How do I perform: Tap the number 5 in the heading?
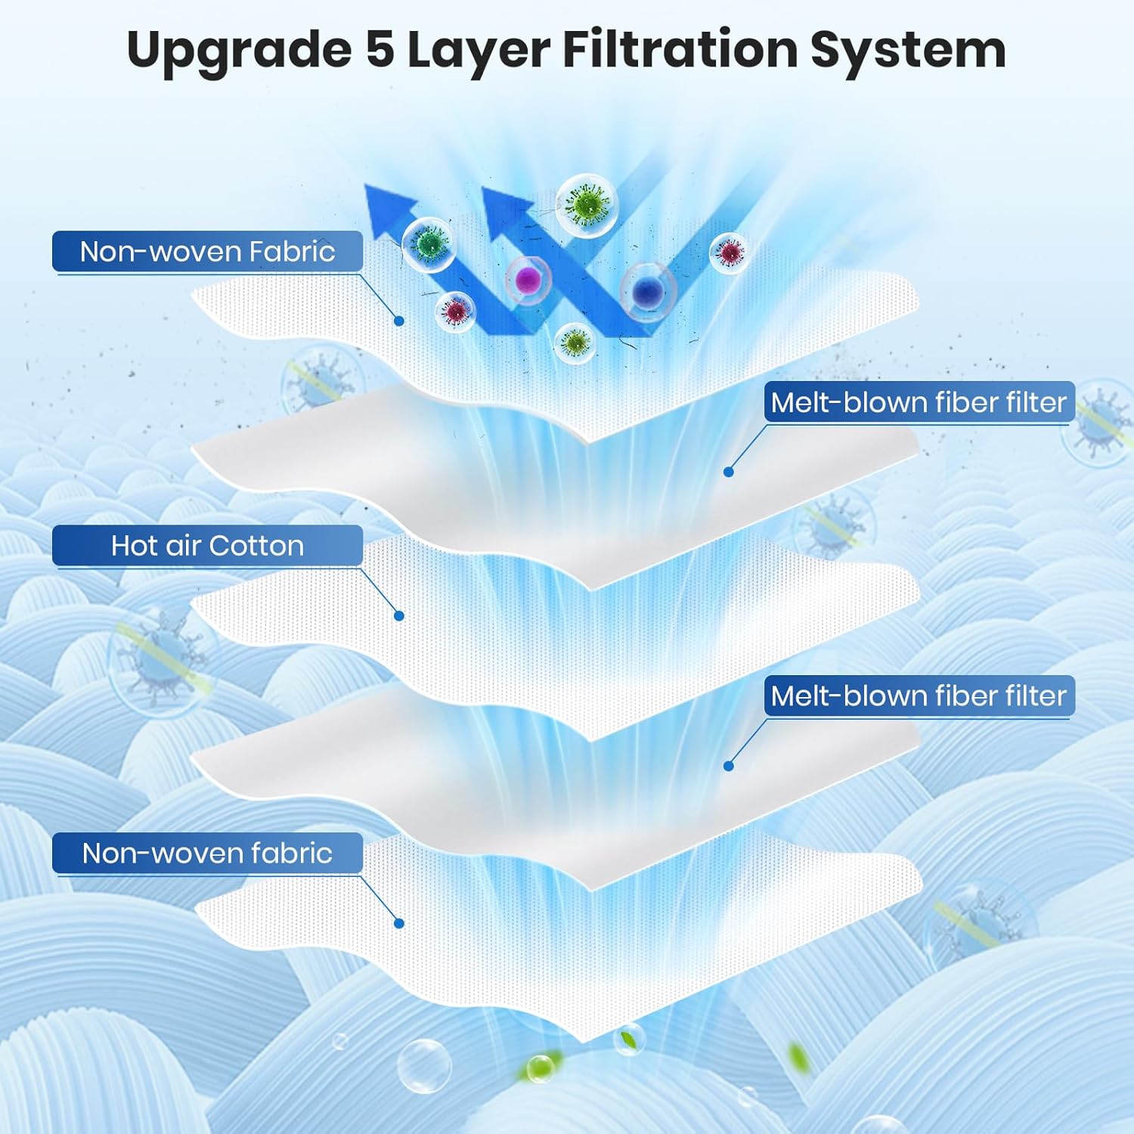tap(380, 50)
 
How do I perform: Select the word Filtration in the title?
tap(680, 50)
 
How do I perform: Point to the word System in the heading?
tap(908, 50)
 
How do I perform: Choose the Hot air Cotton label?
tap(207, 546)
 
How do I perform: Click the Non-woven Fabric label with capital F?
tap(207, 252)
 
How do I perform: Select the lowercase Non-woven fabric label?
tap(207, 854)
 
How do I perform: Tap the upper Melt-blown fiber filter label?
tap(919, 402)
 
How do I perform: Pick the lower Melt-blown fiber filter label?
tap(919, 696)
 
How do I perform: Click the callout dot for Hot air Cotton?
tap(399, 616)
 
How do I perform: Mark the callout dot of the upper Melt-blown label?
tap(729, 472)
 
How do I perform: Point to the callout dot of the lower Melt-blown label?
tap(729, 766)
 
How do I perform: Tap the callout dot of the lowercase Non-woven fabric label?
tap(399, 923)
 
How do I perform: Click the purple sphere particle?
tap(528, 279)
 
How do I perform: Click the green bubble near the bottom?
tap(540, 1069)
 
